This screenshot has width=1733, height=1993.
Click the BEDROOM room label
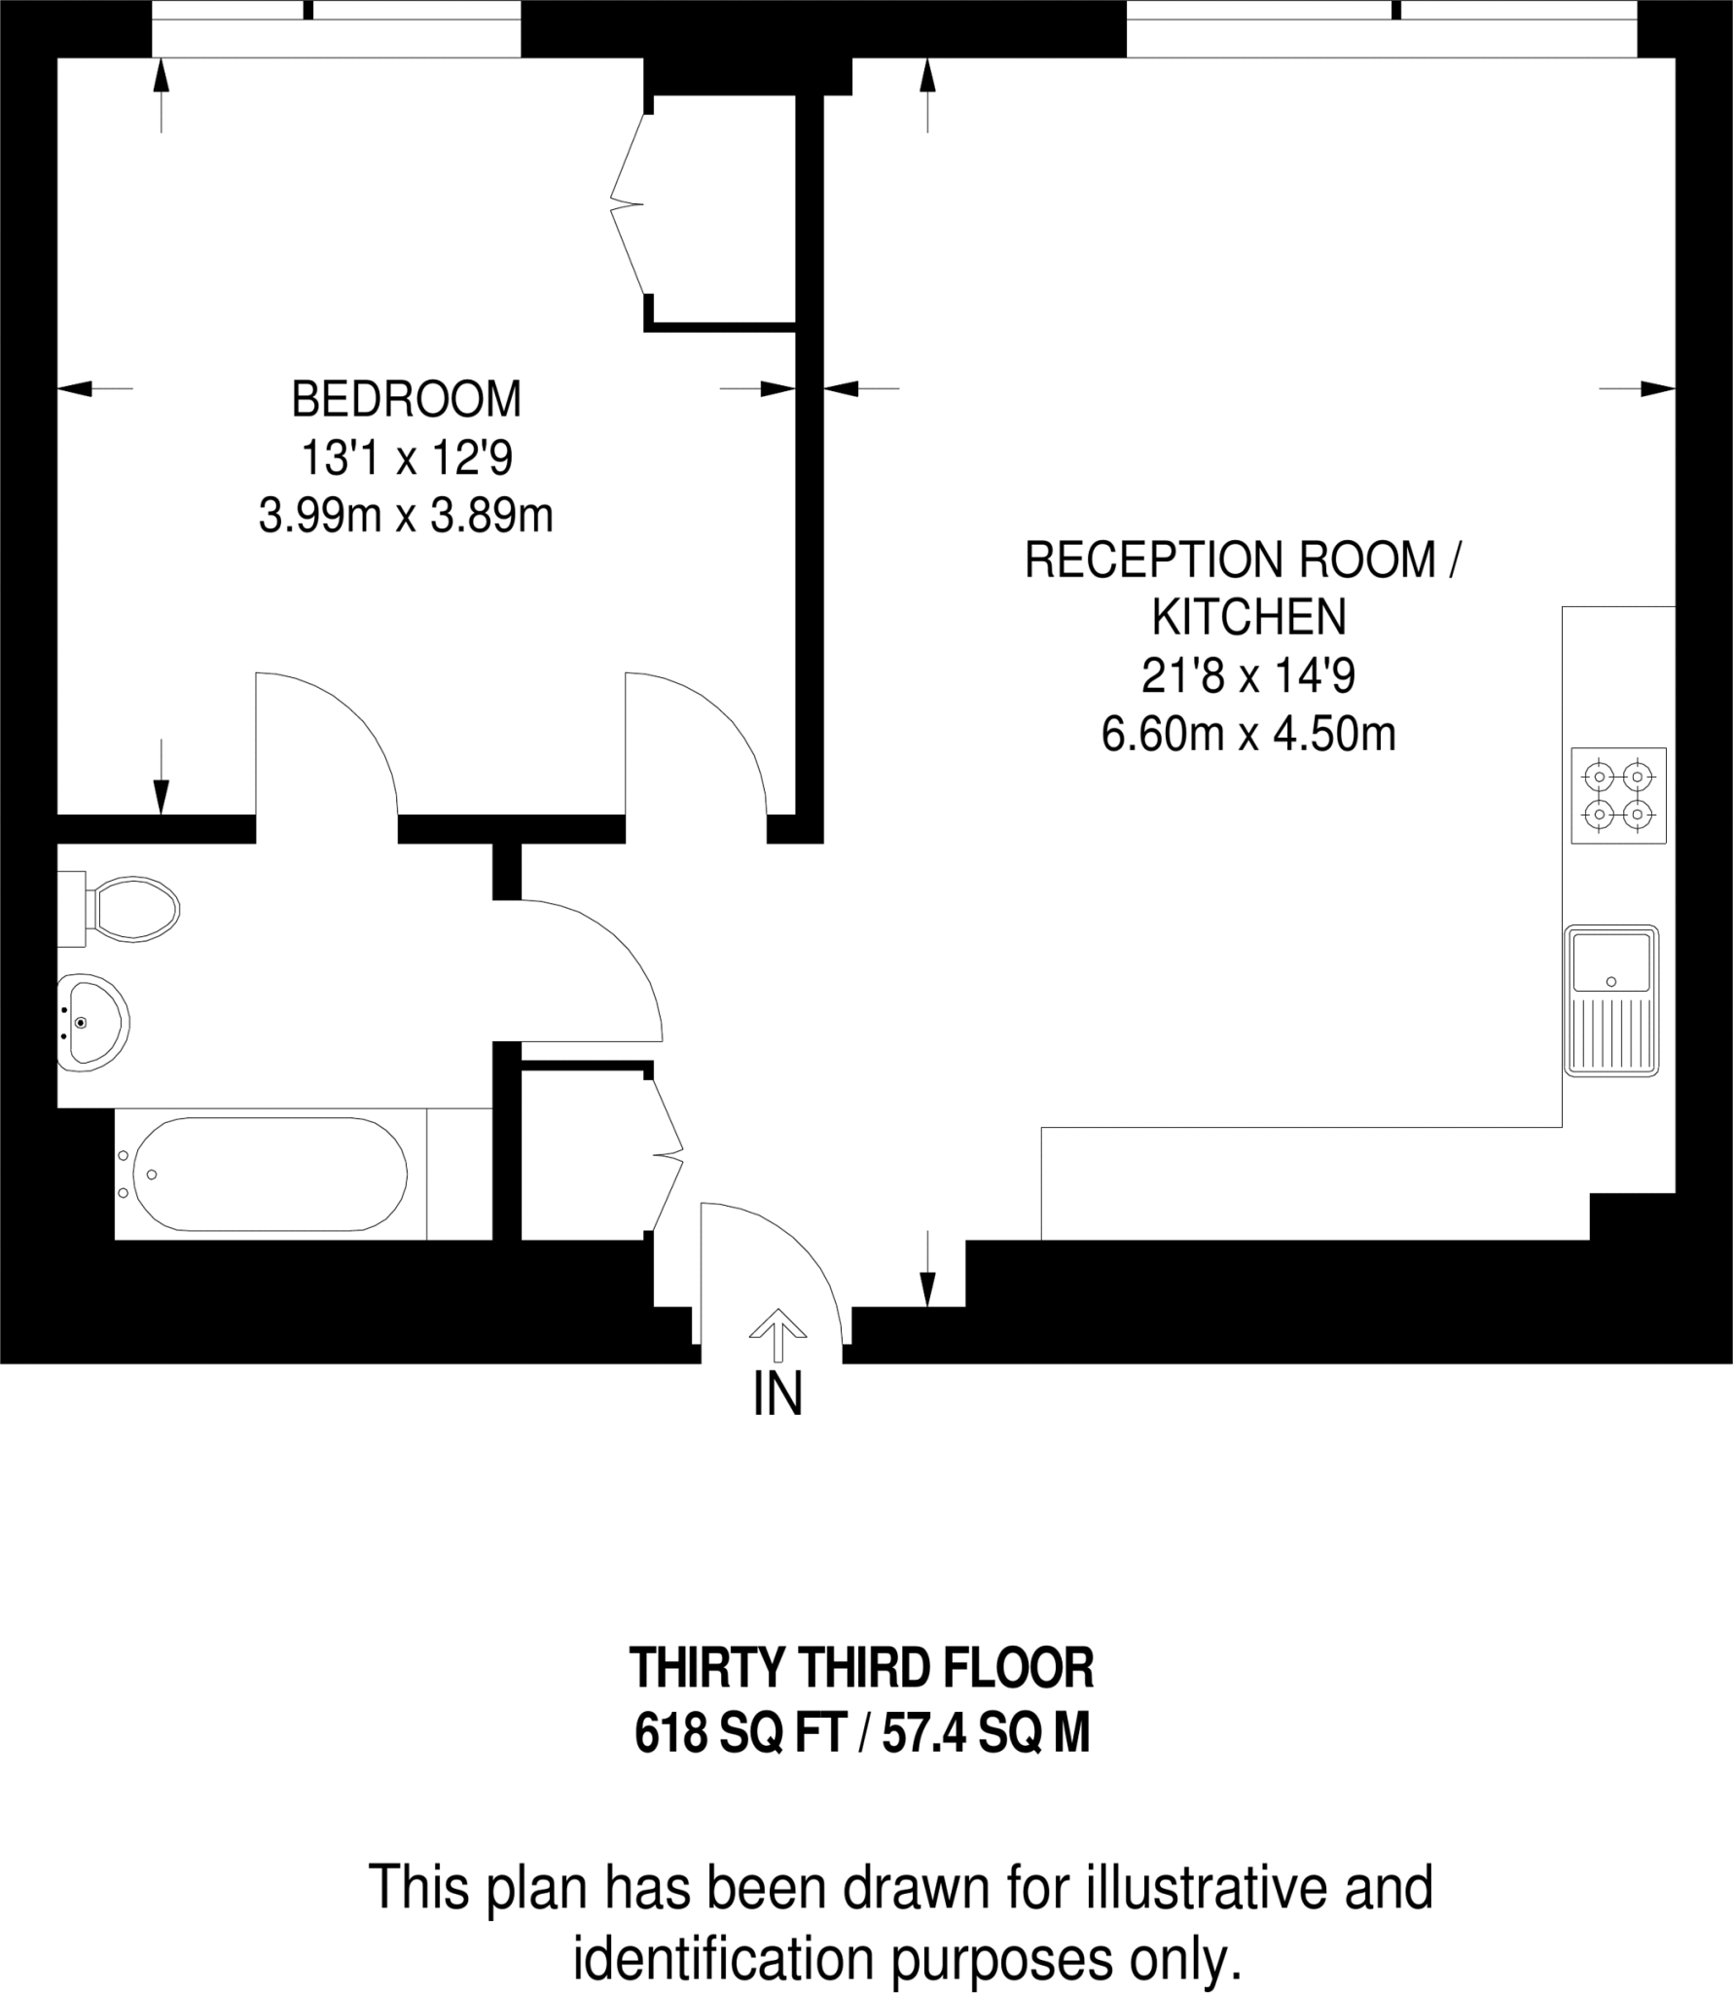[406, 399]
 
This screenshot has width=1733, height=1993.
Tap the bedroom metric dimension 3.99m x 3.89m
[406, 515]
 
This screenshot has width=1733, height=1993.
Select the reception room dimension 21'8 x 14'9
[1248, 675]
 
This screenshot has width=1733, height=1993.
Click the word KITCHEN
[1249, 617]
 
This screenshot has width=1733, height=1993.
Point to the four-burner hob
[1618, 795]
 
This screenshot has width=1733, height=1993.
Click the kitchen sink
[1611, 1000]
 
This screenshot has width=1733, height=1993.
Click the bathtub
[270, 1174]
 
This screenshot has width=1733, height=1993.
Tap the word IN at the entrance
[777, 1395]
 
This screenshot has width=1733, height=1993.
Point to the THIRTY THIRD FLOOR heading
[862, 1668]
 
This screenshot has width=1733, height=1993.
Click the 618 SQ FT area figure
[739, 1733]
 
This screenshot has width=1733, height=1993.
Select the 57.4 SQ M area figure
[986, 1733]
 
